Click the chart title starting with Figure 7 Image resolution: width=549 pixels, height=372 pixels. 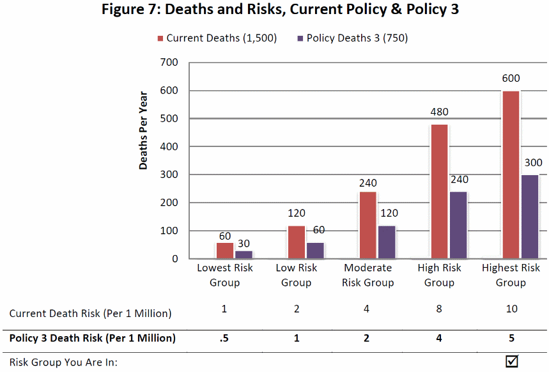pyautogui.click(x=281, y=11)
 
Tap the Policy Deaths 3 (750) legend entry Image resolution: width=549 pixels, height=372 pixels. pyautogui.click(x=352, y=38)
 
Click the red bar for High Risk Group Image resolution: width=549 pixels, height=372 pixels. pyautogui.click(x=439, y=191)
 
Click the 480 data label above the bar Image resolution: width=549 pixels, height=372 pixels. pyautogui.click(x=439, y=112)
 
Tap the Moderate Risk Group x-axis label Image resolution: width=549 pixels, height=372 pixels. pyautogui.click(x=367, y=275)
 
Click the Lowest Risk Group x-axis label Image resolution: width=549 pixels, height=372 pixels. pyautogui.click(x=224, y=275)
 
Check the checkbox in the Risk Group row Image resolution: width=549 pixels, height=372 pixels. pyautogui.click(x=511, y=361)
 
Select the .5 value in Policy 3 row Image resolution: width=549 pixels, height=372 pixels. pyautogui.click(x=224, y=338)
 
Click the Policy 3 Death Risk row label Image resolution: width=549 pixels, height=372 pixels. pyautogui.click(x=92, y=338)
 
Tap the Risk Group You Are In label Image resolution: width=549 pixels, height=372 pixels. pyautogui.click(x=64, y=363)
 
